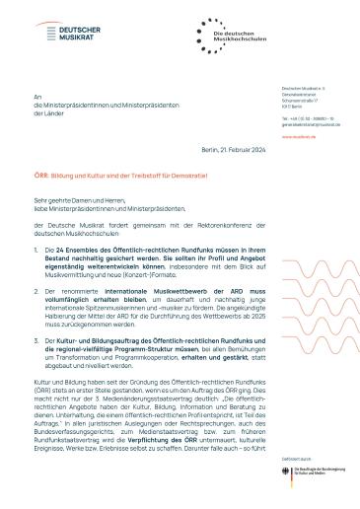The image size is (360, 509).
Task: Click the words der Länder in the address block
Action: pos(64,115)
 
